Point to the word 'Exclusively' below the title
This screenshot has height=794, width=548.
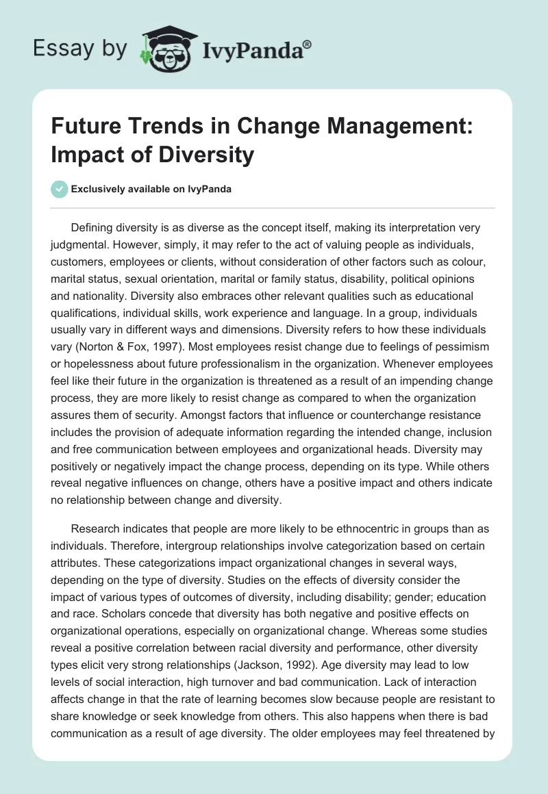(x=95, y=189)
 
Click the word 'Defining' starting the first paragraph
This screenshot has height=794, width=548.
(x=94, y=227)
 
